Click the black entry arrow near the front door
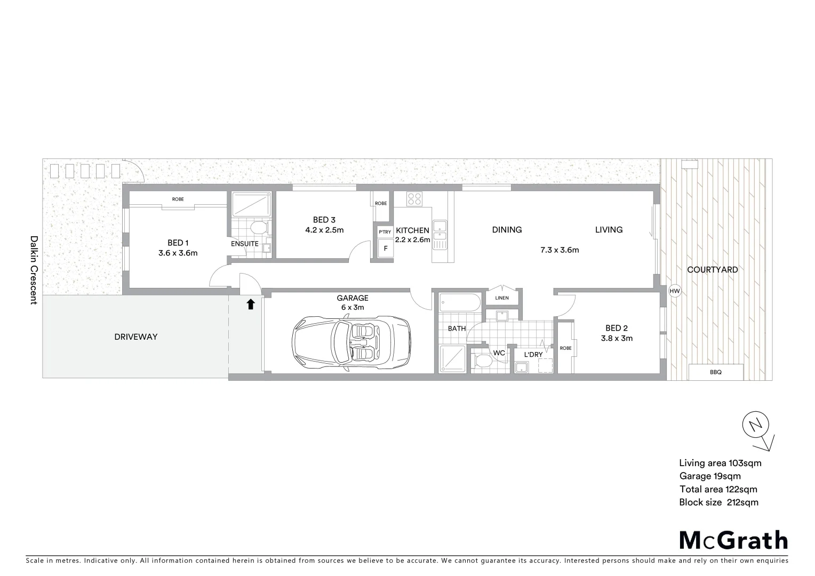(x=251, y=305)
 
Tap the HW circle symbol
(x=675, y=291)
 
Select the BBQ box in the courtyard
(x=716, y=372)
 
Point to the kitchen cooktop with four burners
(x=414, y=199)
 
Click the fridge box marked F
(x=385, y=249)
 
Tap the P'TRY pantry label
(x=385, y=232)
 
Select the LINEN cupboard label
(x=502, y=298)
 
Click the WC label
(x=499, y=353)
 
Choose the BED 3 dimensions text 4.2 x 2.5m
(x=324, y=230)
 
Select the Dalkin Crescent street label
(x=34, y=270)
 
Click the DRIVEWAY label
(x=136, y=337)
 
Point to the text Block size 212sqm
(x=718, y=502)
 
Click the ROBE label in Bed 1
(x=178, y=199)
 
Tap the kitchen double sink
(x=440, y=235)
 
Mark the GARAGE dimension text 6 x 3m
(x=352, y=307)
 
